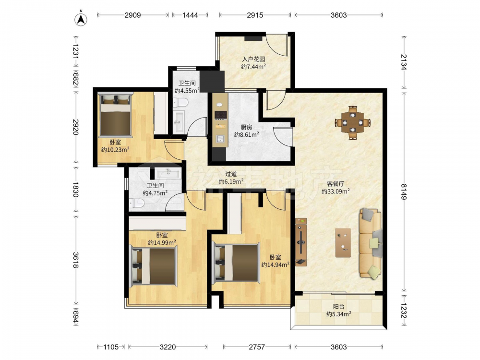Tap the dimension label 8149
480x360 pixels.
(x=404, y=192)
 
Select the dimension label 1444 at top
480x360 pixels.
(x=190, y=15)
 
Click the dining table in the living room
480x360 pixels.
(x=353, y=122)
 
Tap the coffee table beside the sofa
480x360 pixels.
(x=343, y=242)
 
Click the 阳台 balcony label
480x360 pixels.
(x=338, y=306)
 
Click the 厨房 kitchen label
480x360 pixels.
(x=246, y=127)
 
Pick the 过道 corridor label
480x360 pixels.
(x=231, y=174)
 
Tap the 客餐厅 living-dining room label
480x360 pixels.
(x=336, y=184)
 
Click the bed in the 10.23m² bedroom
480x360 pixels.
(x=116, y=115)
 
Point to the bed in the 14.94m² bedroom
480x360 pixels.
(x=236, y=263)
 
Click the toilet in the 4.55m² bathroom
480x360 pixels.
(x=180, y=103)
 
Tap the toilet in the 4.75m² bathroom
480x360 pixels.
(x=136, y=203)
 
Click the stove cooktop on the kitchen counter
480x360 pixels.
(x=220, y=115)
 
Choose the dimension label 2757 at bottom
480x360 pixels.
(x=256, y=347)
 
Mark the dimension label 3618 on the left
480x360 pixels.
(x=76, y=260)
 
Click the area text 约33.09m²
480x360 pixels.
(x=336, y=192)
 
